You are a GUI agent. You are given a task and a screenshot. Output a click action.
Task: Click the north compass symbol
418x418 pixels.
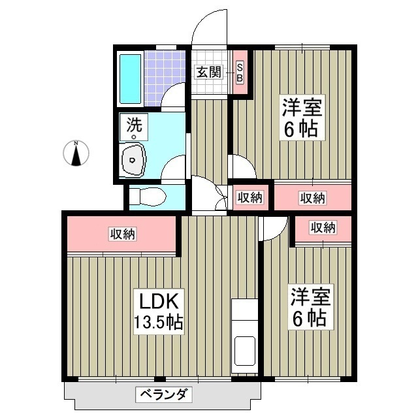pos(76,154)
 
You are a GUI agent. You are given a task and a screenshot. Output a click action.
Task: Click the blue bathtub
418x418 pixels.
pos(130,77)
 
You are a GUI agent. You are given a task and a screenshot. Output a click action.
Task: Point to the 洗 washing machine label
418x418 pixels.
pos(133,127)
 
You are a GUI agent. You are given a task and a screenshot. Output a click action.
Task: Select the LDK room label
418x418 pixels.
pos(157,302)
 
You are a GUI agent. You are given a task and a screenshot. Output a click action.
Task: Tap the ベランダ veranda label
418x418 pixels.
pos(163,394)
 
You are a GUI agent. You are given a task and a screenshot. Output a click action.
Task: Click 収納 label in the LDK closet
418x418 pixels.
pos(122,233)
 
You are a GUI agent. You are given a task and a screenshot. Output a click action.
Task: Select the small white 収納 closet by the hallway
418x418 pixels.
pos(249,197)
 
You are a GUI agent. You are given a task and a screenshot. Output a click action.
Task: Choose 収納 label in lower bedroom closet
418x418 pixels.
pos(323,228)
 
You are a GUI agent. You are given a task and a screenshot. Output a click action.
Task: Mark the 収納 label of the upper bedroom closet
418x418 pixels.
pos(312,197)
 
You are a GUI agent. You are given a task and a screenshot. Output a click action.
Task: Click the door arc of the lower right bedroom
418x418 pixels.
pos(273,228)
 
